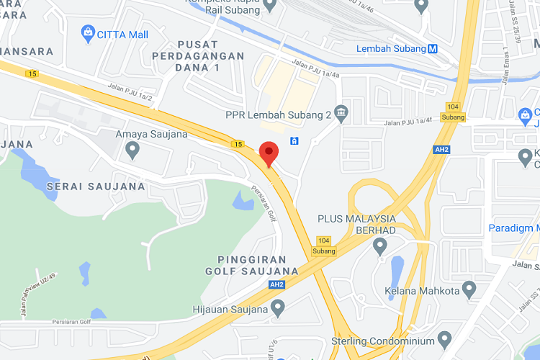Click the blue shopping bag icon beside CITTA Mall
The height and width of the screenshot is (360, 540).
point(88,32)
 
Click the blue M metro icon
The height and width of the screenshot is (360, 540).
point(433,49)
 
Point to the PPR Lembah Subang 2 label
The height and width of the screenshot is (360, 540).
point(277,114)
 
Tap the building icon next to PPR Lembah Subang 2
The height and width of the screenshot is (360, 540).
point(341,114)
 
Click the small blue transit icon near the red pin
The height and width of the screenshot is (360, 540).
point(294,140)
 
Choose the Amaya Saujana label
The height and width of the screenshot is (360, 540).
point(152,134)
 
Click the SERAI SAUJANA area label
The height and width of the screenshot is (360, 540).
point(96,186)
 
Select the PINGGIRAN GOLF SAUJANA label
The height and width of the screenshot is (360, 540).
point(251,265)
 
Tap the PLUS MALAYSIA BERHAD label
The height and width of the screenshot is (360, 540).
point(357,224)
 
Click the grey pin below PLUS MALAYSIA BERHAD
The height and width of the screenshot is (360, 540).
point(380,247)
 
